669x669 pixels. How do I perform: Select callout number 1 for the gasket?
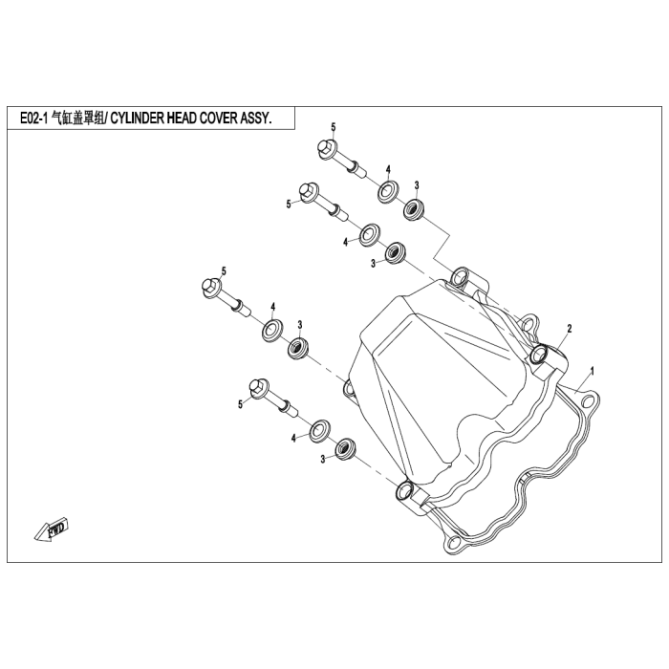593,369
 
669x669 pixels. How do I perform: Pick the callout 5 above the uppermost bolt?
334,127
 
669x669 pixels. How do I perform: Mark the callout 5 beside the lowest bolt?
241,405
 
